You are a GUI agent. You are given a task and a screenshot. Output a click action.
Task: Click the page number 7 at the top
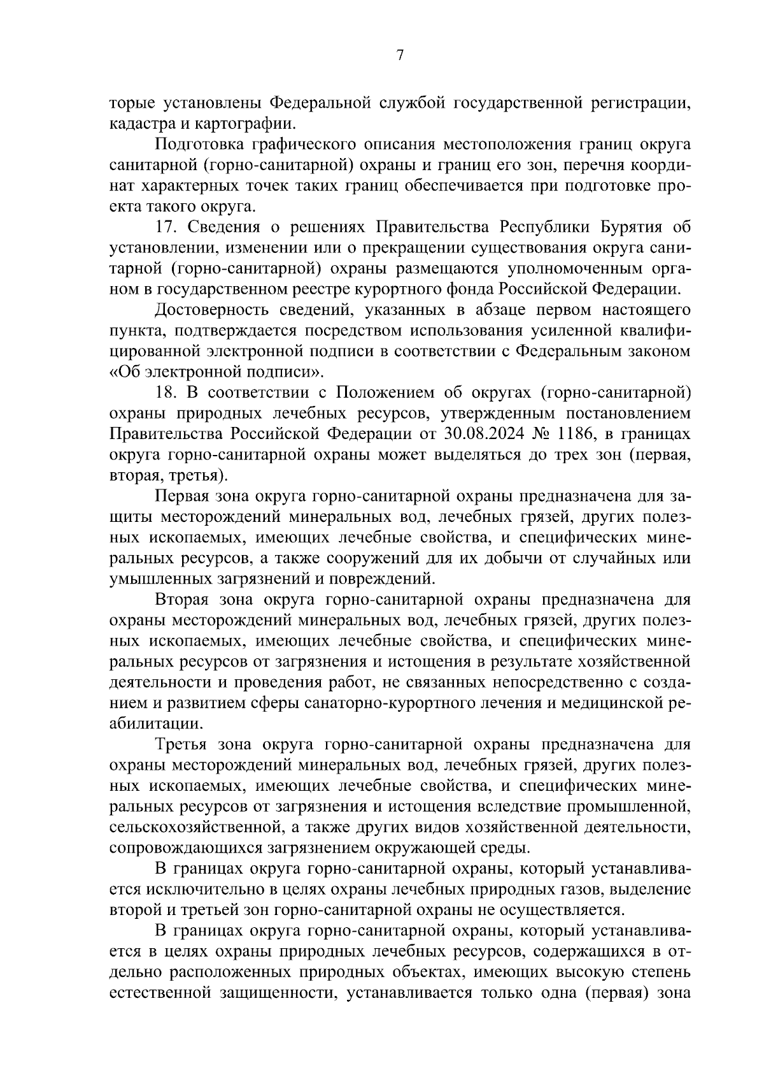[x=400, y=55]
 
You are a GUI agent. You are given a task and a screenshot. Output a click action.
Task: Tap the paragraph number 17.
[x=167, y=227]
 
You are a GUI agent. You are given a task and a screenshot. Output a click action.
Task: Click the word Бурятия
[x=626, y=227]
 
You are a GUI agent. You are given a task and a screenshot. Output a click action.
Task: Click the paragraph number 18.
[x=167, y=393]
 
